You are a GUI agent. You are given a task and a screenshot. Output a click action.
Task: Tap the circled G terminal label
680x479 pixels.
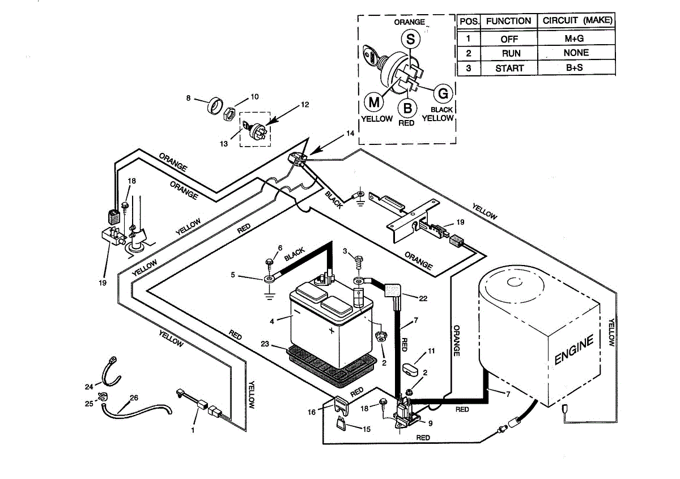point(443,93)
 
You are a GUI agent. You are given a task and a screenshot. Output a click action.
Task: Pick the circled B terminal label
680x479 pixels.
point(407,107)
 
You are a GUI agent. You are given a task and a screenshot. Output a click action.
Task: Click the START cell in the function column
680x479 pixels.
point(508,69)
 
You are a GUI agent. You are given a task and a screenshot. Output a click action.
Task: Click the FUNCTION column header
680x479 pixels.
point(508,21)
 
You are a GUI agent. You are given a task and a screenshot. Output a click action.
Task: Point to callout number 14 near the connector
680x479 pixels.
point(350,134)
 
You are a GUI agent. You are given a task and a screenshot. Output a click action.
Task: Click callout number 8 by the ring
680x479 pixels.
point(189,98)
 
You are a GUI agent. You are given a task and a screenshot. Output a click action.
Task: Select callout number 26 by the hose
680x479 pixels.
point(134,397)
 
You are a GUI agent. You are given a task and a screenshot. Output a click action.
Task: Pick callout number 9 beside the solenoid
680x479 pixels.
point(431,422)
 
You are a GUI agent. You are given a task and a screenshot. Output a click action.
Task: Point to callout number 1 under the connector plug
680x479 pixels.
point(193,431)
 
